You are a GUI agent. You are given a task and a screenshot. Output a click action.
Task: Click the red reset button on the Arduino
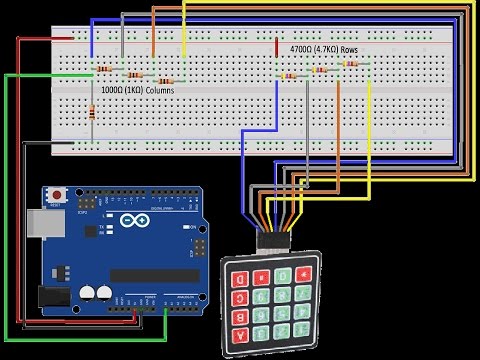click(57, 192)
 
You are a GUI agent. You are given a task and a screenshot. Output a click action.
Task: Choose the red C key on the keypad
click(240, 297)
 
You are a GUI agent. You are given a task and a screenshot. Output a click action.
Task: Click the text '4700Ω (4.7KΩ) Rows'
click(324, 48)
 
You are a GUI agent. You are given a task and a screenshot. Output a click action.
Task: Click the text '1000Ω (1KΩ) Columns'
click(138, 90)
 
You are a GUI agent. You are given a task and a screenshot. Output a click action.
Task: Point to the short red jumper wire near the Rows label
click(275, 48)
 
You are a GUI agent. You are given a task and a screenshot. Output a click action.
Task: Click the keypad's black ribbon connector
click(271, 241)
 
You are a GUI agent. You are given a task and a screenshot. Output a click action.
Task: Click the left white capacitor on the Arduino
click(87, 292)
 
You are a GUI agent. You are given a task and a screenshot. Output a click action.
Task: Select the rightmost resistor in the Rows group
click(351, 64)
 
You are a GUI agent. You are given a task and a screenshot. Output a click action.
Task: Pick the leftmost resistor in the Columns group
click(104, 69)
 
